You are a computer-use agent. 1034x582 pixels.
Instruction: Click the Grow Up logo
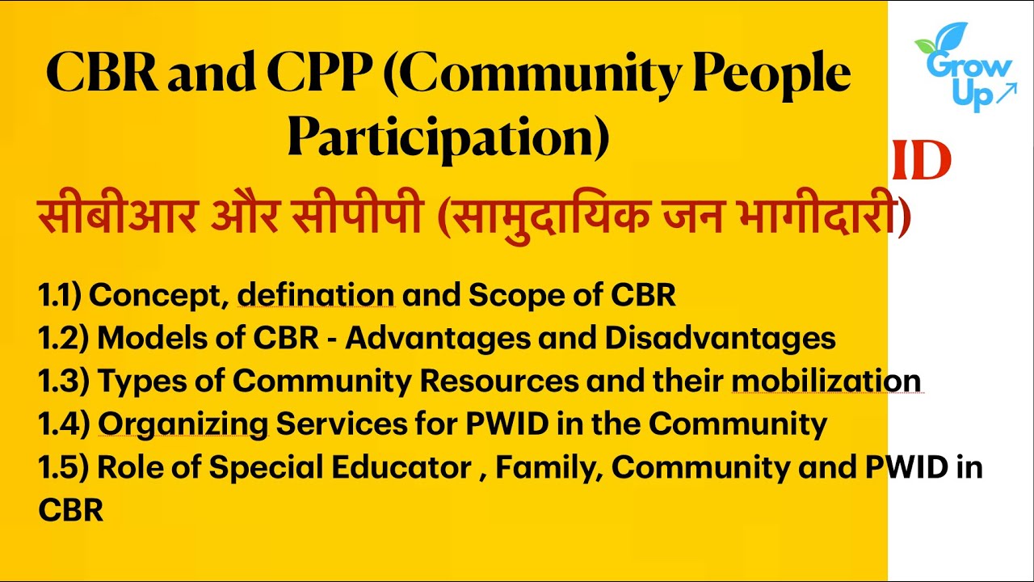965,68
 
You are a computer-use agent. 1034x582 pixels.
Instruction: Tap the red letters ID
922,162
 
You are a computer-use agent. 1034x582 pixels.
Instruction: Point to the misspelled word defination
316,296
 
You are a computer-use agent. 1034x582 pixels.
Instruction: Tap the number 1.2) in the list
63,338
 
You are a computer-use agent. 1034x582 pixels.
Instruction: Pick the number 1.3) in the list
63,380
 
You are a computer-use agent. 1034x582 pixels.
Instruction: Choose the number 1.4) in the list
63,423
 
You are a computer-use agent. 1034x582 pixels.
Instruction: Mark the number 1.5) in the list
63,467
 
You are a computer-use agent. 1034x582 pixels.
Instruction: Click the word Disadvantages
721,338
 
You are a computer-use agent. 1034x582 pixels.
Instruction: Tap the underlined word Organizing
183,424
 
